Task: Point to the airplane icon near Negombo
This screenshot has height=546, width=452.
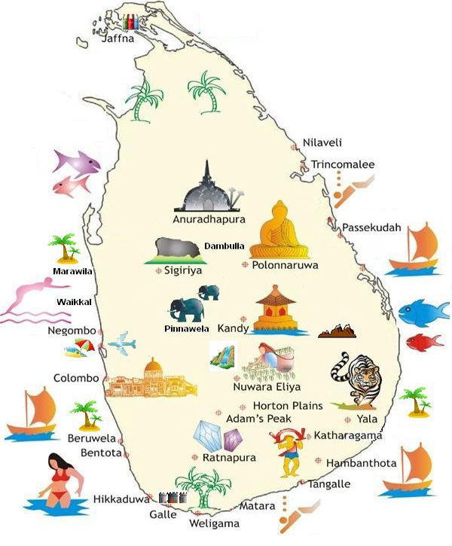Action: (x=121, y=344)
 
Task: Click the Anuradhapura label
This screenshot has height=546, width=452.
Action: (x=209, y=220)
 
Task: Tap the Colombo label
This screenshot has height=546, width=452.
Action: (x=76, y=378)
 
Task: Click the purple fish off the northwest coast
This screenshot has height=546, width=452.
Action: (x=76, y=161)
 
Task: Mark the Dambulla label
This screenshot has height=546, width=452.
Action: (x=224, y=246)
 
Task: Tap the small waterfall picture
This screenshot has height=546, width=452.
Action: (x=222, y=354)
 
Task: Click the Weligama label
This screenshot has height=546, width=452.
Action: (x=215, y=523)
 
